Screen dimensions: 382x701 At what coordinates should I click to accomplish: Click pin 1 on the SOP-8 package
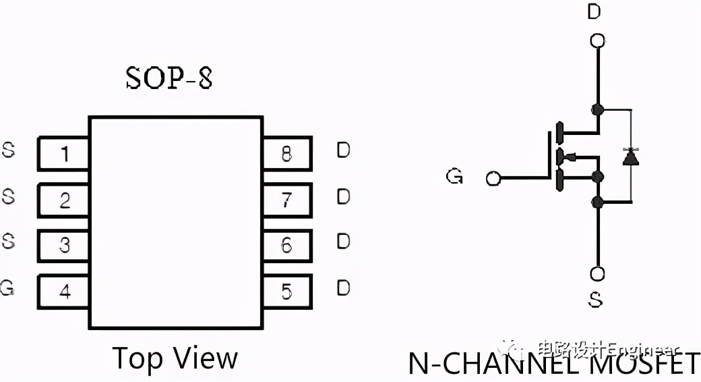click(63, 154)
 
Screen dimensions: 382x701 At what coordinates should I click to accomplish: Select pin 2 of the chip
click(63, 200)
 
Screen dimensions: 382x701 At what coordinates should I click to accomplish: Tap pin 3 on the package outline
click(63, 245)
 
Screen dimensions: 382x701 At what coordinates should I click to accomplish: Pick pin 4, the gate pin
click(63, 292)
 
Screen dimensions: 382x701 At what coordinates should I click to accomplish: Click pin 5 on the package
click(287, 292)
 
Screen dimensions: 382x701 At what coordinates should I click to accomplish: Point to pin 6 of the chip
click(287, 245)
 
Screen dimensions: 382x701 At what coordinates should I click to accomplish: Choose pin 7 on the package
click(287, 200)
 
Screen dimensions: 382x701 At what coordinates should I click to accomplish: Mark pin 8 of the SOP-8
click(287, 154)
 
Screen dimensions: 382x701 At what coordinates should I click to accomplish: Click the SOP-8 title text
click(169, 79)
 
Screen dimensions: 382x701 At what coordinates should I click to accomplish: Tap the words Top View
click(175, 358)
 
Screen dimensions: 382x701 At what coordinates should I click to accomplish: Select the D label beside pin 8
click(343, 151)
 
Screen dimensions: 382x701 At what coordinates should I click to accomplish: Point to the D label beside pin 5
click(343, 288)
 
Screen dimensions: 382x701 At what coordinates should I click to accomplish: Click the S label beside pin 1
click(8, 151)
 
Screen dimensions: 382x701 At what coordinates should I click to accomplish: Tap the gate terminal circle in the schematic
click(493, 178)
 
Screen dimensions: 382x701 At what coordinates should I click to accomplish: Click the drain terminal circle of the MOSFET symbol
click(597, 41)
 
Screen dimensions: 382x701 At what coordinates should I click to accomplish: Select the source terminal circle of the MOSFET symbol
click(597, 273)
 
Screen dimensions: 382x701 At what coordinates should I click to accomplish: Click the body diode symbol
click(631, 157)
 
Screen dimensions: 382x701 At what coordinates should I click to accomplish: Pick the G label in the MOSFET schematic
click(454, 177)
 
